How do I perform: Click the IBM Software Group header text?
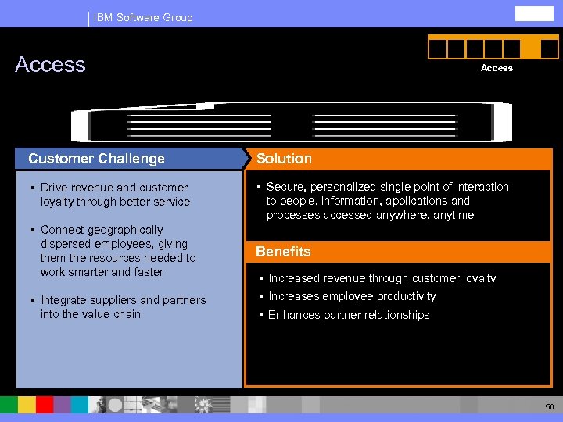pos(142,17)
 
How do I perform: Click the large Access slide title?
pos(50,64)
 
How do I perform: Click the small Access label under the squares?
pos(497,68)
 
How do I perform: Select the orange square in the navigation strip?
pos(529,48)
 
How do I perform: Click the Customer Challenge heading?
pos(96,159)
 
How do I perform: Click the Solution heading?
pos(284,159)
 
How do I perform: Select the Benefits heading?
pos(283,252)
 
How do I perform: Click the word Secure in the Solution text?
pos(284,187)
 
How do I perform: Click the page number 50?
pos(550,407)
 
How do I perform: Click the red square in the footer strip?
pos(45,404)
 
